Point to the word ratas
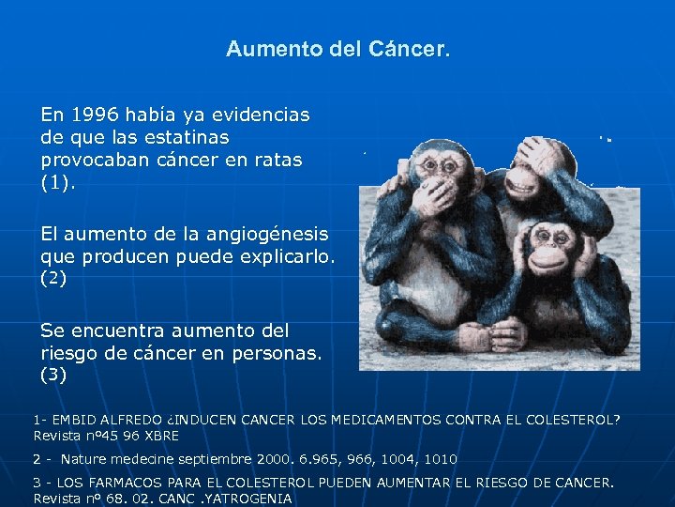click(x=277, y=160)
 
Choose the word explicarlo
click(x=287, y=256)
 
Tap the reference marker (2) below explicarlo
click(x=53, y=279)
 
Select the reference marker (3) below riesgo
click(x=53, y=376)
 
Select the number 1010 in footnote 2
click(x=440, y=459)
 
